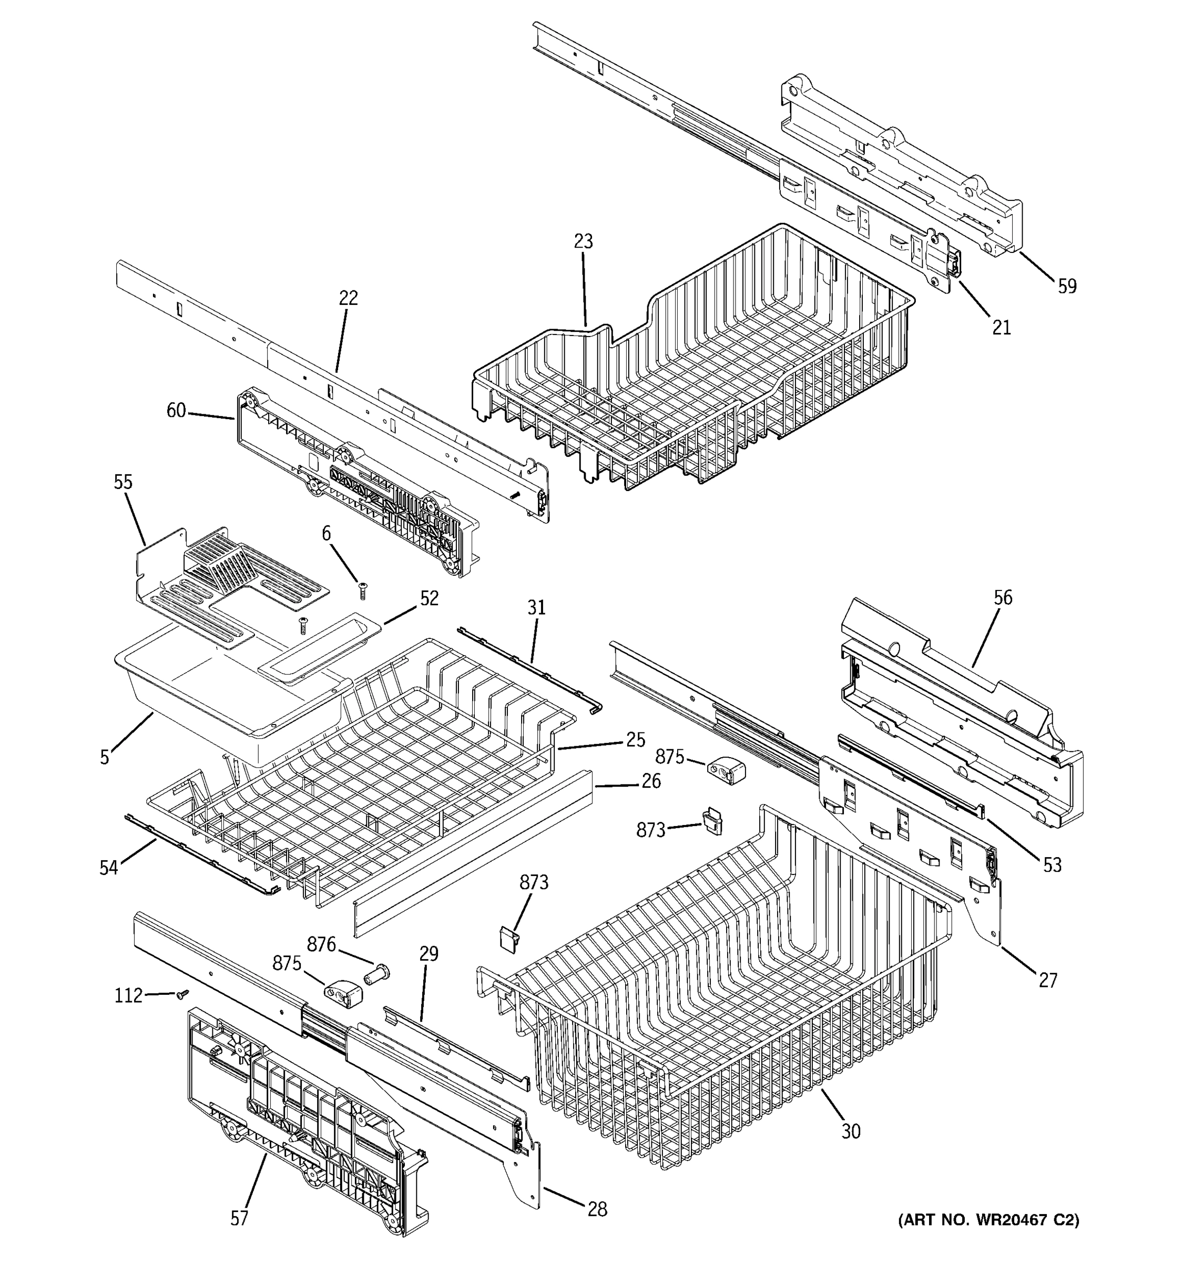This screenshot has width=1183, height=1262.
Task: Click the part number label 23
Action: pyautogui.click(x=583, y=241)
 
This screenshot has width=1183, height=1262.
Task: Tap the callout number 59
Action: pyautogui.click(x=1067, y=286)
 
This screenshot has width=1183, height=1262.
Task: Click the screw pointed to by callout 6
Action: pyautogui.click(x=363, y=591)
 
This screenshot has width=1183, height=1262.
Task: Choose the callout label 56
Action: pyautogui.click(x=1003, y=597)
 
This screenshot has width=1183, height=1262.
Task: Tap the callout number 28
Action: pyautogui.click(x=597, y=1209)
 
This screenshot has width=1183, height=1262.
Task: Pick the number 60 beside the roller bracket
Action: pyautogui.click(x=176, y=411)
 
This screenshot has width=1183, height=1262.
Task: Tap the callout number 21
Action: pyautogui.click(x=1001, y=328)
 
